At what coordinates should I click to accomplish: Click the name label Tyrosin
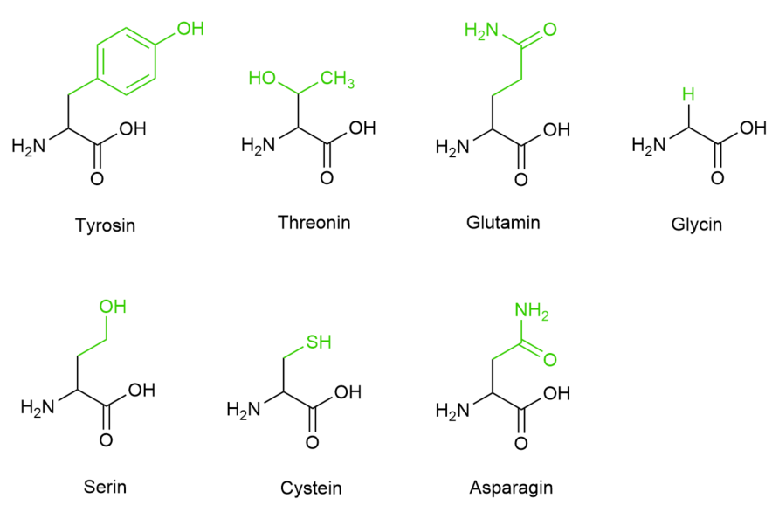(106, 225)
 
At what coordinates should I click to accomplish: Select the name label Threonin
(314, 222)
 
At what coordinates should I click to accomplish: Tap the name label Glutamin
(503, 222)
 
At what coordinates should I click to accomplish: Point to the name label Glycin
(697, 225)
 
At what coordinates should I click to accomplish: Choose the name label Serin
(105, 486)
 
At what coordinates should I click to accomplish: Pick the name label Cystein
(311, 488)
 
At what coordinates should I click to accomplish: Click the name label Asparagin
(511, 488)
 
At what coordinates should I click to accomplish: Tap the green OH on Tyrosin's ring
(190, 29)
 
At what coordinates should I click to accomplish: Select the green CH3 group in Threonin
(337, 79)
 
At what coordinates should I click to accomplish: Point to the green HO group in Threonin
(262, 78)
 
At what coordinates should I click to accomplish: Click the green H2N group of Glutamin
(481, 31)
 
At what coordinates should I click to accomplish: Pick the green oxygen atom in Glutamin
(550, 30)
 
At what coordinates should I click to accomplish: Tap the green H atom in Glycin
(688, 94)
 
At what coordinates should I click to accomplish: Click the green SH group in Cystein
(319, 342)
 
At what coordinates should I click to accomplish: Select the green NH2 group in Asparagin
(532, 312)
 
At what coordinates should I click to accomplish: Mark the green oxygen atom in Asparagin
(550, 359)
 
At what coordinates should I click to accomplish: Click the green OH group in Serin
(113, 306)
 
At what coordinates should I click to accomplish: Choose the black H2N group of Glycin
(648, 146)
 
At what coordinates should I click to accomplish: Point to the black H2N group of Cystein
(244, 409)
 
